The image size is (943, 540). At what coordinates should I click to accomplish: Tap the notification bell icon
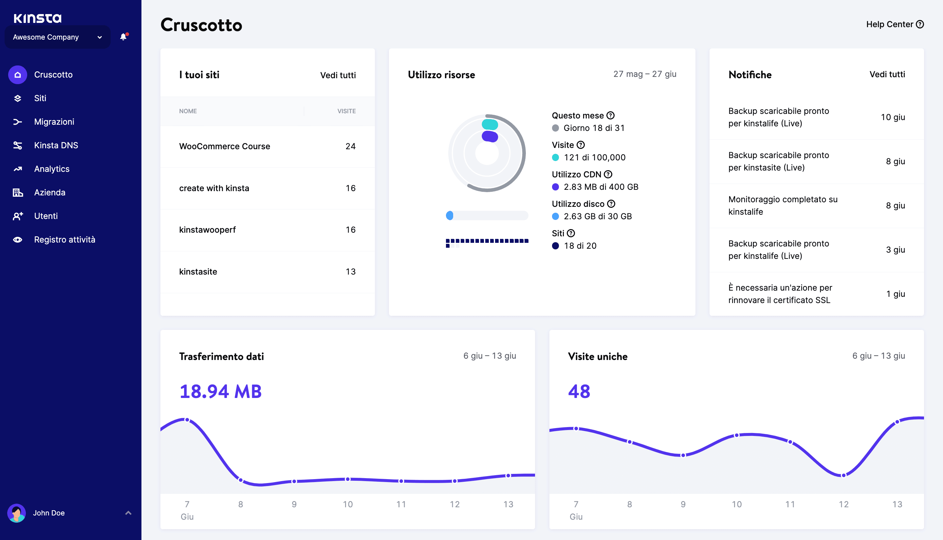[123, 37]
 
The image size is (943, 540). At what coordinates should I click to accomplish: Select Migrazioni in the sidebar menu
[54, 122]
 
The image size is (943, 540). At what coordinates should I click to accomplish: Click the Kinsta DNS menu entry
[56, 145]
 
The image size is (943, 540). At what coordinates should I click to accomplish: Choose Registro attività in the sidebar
[65, 240]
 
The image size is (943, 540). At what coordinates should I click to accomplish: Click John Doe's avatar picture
[17, 513]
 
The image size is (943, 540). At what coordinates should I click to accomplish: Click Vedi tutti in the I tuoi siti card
[338, 75]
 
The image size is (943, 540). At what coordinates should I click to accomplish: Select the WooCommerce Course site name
[224, 147]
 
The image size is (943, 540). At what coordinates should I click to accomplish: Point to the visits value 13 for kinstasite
[350, 272]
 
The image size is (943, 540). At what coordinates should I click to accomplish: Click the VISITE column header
[346, 111]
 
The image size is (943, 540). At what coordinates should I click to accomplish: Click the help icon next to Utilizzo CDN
[608, 174]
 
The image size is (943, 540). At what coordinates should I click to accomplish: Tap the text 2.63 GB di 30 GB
[597, 216]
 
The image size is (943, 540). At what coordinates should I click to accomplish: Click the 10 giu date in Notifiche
[893, 117]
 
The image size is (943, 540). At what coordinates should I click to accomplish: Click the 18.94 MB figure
[220, 392]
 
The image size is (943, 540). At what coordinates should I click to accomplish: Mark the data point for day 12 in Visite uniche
[843, 475]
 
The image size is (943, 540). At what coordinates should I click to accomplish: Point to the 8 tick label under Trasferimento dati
[240, 504]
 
